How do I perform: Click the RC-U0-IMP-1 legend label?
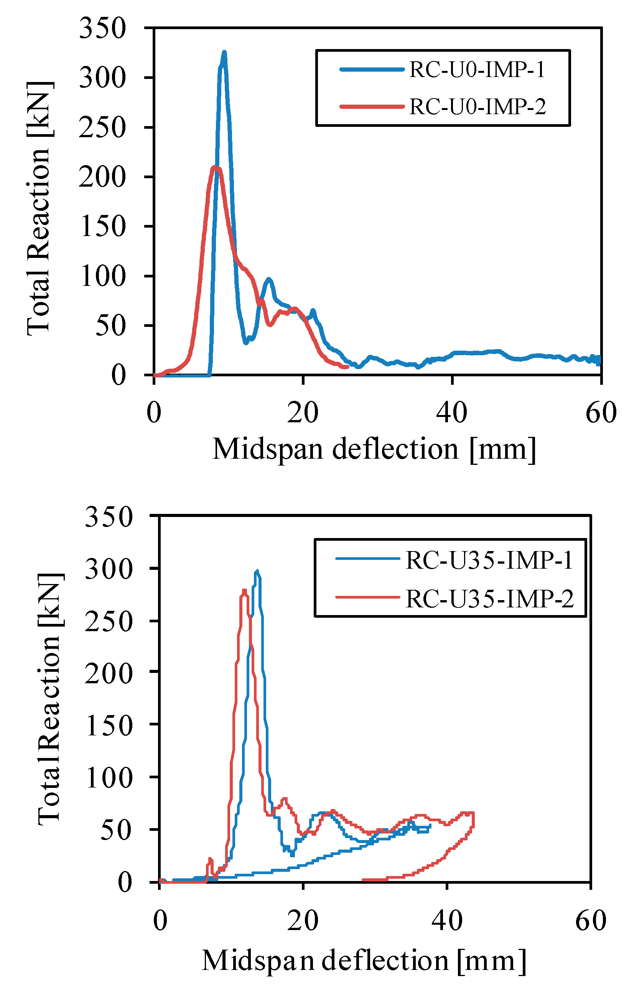point(477,69)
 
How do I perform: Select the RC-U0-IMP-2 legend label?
point(477,107)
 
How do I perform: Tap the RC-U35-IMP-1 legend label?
point(489,561)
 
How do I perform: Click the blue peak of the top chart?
point(224,53)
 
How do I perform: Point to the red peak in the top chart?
point(215,167)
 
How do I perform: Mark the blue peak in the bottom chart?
point(257,571)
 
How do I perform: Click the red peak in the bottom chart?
point(244,591)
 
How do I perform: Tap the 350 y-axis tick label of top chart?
point(102,29)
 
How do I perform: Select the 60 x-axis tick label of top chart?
point(601,413)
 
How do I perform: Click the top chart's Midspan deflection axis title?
point(374,450)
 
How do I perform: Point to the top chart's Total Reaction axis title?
point(39,208)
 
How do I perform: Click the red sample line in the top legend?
point(372,107)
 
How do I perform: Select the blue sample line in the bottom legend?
point(367,559)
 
